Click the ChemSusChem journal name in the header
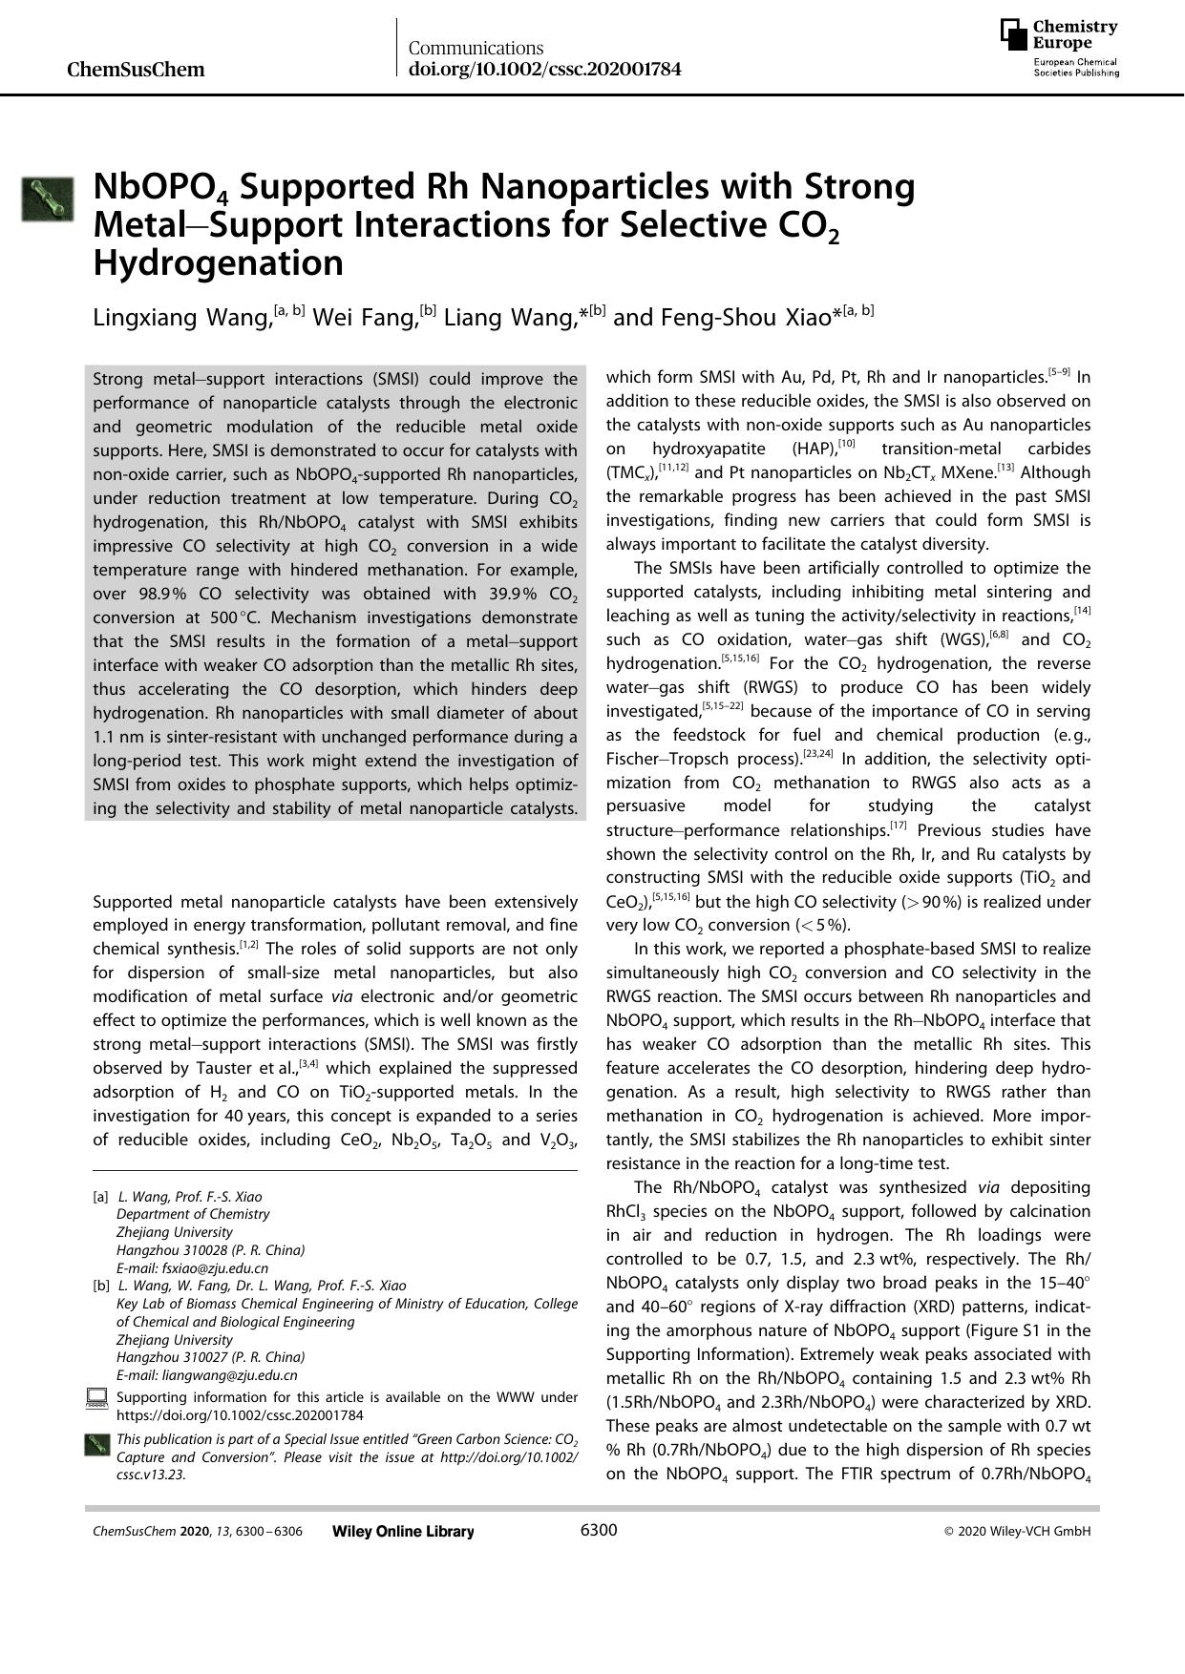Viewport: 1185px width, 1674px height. [x=136, y=70]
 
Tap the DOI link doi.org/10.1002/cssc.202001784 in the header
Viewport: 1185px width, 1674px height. [x=544, y=70]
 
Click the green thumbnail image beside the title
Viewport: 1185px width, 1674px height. [x=48, y=199]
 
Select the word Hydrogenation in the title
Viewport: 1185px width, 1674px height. [x=218, y=262]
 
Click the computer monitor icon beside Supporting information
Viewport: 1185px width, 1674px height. [x=96, y=1399]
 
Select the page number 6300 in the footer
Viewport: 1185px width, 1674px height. [x=599, y=1531]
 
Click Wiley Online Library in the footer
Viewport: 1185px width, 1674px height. [x=402, y=1532]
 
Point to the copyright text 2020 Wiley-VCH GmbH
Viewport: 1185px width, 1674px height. [x=1023, y=1532]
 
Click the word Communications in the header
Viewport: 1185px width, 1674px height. [x=476, y=48]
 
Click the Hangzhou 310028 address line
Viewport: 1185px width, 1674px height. [x=210, y=1250]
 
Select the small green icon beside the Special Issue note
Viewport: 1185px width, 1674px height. [x=96, y=1445]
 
